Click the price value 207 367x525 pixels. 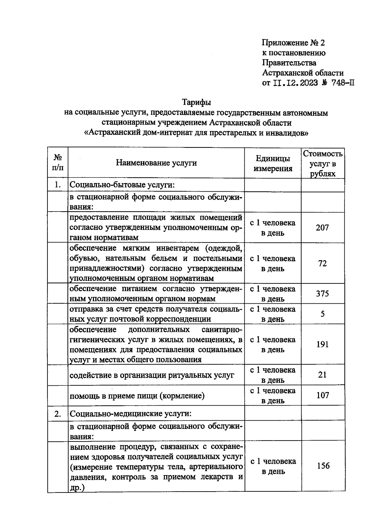[322, 227]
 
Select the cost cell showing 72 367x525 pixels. [322, 263]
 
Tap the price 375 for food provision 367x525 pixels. [322, 294]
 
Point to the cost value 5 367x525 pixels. [323, 314]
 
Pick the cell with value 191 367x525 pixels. [322, 344]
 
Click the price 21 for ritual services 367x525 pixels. [322, 375]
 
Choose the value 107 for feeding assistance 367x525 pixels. [323, 395]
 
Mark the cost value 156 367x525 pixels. [323, 466]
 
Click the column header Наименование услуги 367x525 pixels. [156, 163]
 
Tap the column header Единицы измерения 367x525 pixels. [273, 163]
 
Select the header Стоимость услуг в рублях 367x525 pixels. [323, 163]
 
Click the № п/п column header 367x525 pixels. [58, 163]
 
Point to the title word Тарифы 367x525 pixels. [196, 102]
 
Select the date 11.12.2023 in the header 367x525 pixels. [295, 83]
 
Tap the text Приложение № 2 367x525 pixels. [293, 43]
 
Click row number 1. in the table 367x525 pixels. [57, 185]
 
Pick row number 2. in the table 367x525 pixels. [57, 414]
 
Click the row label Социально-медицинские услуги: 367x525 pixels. [131, 414]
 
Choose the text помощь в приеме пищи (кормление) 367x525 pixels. [137, 396]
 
